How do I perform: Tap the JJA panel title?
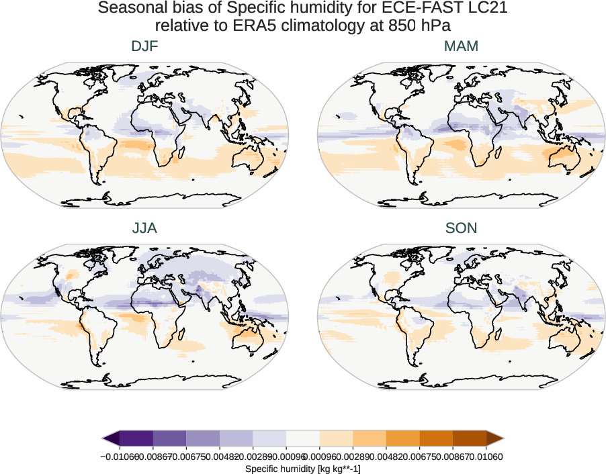point(145,228)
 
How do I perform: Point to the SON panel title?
point(461,228)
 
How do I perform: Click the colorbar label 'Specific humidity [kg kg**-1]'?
point(303,468)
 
